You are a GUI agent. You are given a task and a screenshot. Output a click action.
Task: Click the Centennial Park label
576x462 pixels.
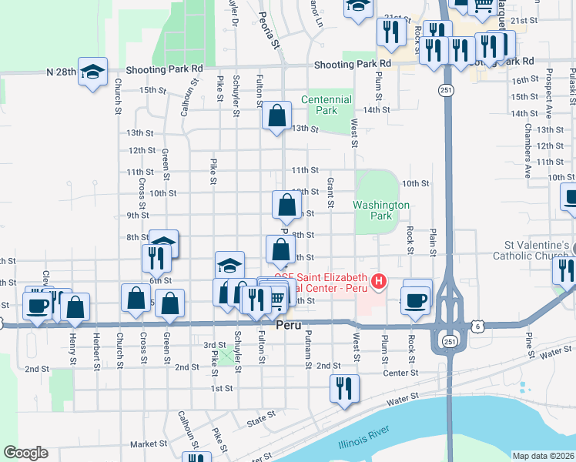click(327, 105)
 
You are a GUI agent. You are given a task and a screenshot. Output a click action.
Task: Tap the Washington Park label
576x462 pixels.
click(381, 211)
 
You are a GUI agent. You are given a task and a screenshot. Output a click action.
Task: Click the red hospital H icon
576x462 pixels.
click(378, 283)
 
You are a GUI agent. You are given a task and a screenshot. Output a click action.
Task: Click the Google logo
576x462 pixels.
click(25, 453)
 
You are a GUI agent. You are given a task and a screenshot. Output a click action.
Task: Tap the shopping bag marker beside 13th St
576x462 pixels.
click(277, 116)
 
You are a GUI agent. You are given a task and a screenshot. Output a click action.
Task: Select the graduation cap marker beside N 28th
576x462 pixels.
click(92, 72)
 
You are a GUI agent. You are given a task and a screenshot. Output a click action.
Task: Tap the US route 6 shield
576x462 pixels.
click(480, 326)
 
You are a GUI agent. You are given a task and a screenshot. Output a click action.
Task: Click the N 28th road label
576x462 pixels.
click(61, 72)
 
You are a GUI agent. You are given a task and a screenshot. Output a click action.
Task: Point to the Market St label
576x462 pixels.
click(149, 444)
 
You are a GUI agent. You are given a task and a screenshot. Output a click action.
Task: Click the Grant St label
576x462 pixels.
click(330, 192)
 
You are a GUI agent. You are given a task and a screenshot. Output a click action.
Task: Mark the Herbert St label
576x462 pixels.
click(96, 348)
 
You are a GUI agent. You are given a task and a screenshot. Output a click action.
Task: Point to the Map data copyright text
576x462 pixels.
click(542, 456)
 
